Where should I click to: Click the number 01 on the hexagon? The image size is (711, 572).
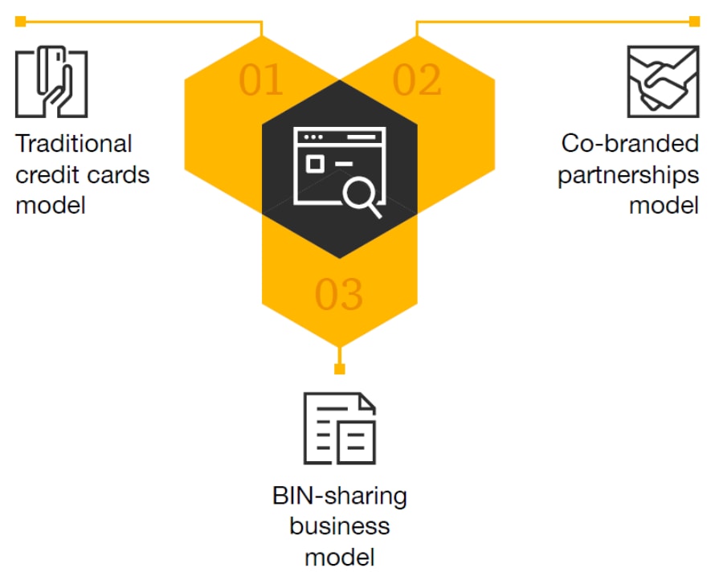(262, 80)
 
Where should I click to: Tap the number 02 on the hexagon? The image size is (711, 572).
(417, 80)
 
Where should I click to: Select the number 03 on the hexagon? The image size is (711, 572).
(339, 295)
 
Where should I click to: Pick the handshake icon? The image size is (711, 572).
(663, 82)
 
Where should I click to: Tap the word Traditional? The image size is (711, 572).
(74, 145)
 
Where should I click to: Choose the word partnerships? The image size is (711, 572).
(628, 175)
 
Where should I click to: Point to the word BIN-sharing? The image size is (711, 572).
(339, 496)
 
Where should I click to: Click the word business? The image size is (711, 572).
(339, 526)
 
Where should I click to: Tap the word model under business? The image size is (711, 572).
(339, 557)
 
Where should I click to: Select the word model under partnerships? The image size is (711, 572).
(664, 205)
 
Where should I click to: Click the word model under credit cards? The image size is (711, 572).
(51, 205)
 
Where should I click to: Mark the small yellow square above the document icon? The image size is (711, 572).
(339, 369)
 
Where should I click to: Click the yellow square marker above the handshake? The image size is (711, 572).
(695, 21)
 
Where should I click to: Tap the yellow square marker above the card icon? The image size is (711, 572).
(20, 21)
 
